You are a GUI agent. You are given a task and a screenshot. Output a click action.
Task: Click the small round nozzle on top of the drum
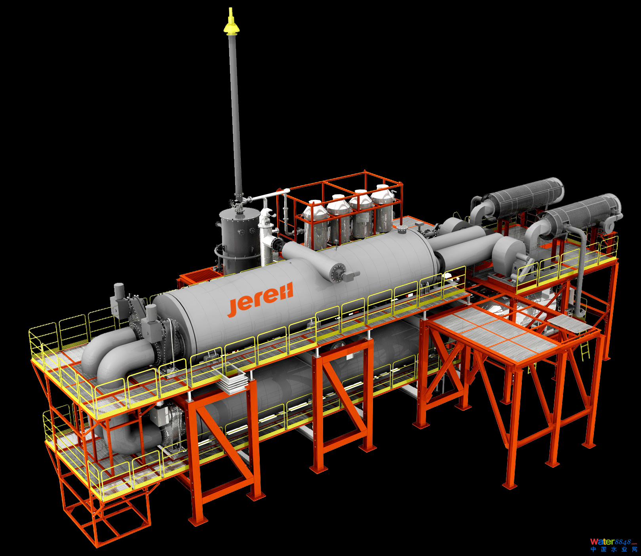click(402, 230)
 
